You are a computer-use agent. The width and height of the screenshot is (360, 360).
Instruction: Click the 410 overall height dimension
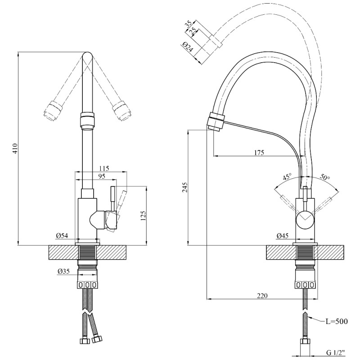point(15,148)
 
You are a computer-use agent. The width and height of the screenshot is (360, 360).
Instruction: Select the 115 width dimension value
point(104,168)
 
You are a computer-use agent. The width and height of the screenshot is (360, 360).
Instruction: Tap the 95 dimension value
point(101,176)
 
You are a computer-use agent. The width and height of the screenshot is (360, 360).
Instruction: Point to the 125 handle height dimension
point(143,216)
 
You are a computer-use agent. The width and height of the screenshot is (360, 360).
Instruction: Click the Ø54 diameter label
point(62,236)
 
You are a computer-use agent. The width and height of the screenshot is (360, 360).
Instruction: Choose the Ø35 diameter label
point(63,271)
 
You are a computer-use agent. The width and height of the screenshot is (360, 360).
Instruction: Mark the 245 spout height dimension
point(185,188)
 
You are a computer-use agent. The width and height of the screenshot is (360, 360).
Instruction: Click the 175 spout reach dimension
point(259,153)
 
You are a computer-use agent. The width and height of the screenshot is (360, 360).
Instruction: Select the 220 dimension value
point(262,296)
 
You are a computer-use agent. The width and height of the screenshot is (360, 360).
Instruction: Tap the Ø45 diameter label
point(283,236)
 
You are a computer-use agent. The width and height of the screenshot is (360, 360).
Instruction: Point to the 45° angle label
point(287,177)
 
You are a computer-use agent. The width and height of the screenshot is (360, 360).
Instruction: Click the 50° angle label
point(325,177)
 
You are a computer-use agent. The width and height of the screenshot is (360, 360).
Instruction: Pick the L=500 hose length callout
point(337,321)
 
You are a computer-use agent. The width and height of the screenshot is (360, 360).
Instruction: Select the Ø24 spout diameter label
point(188,47)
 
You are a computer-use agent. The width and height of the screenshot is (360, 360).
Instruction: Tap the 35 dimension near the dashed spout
point(188,24)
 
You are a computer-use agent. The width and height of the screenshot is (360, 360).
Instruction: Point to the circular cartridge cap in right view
point(305,219)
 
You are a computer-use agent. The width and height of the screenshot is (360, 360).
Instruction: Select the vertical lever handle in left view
point(113,195)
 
